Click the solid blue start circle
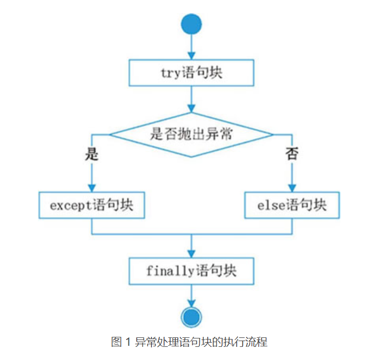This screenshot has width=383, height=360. (x=191, y=25)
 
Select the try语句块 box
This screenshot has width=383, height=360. (x=191, y=73)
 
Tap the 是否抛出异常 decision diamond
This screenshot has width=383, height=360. (x=191, y=135)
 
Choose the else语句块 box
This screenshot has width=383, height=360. (x=291, y=205)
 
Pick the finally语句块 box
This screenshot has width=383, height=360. (x=191, y=271)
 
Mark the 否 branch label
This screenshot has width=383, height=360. (x=292, y=154)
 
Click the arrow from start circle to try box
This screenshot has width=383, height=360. (x=191, y=47)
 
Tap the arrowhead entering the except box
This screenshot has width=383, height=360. (x=92, y=188)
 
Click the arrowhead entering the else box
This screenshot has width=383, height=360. (x=291, y=188)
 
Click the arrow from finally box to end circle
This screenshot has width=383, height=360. (x=191, y=294)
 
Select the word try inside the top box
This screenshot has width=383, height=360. (x=170, y=73)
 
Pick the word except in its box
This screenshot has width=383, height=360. (x=70, y=205)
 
